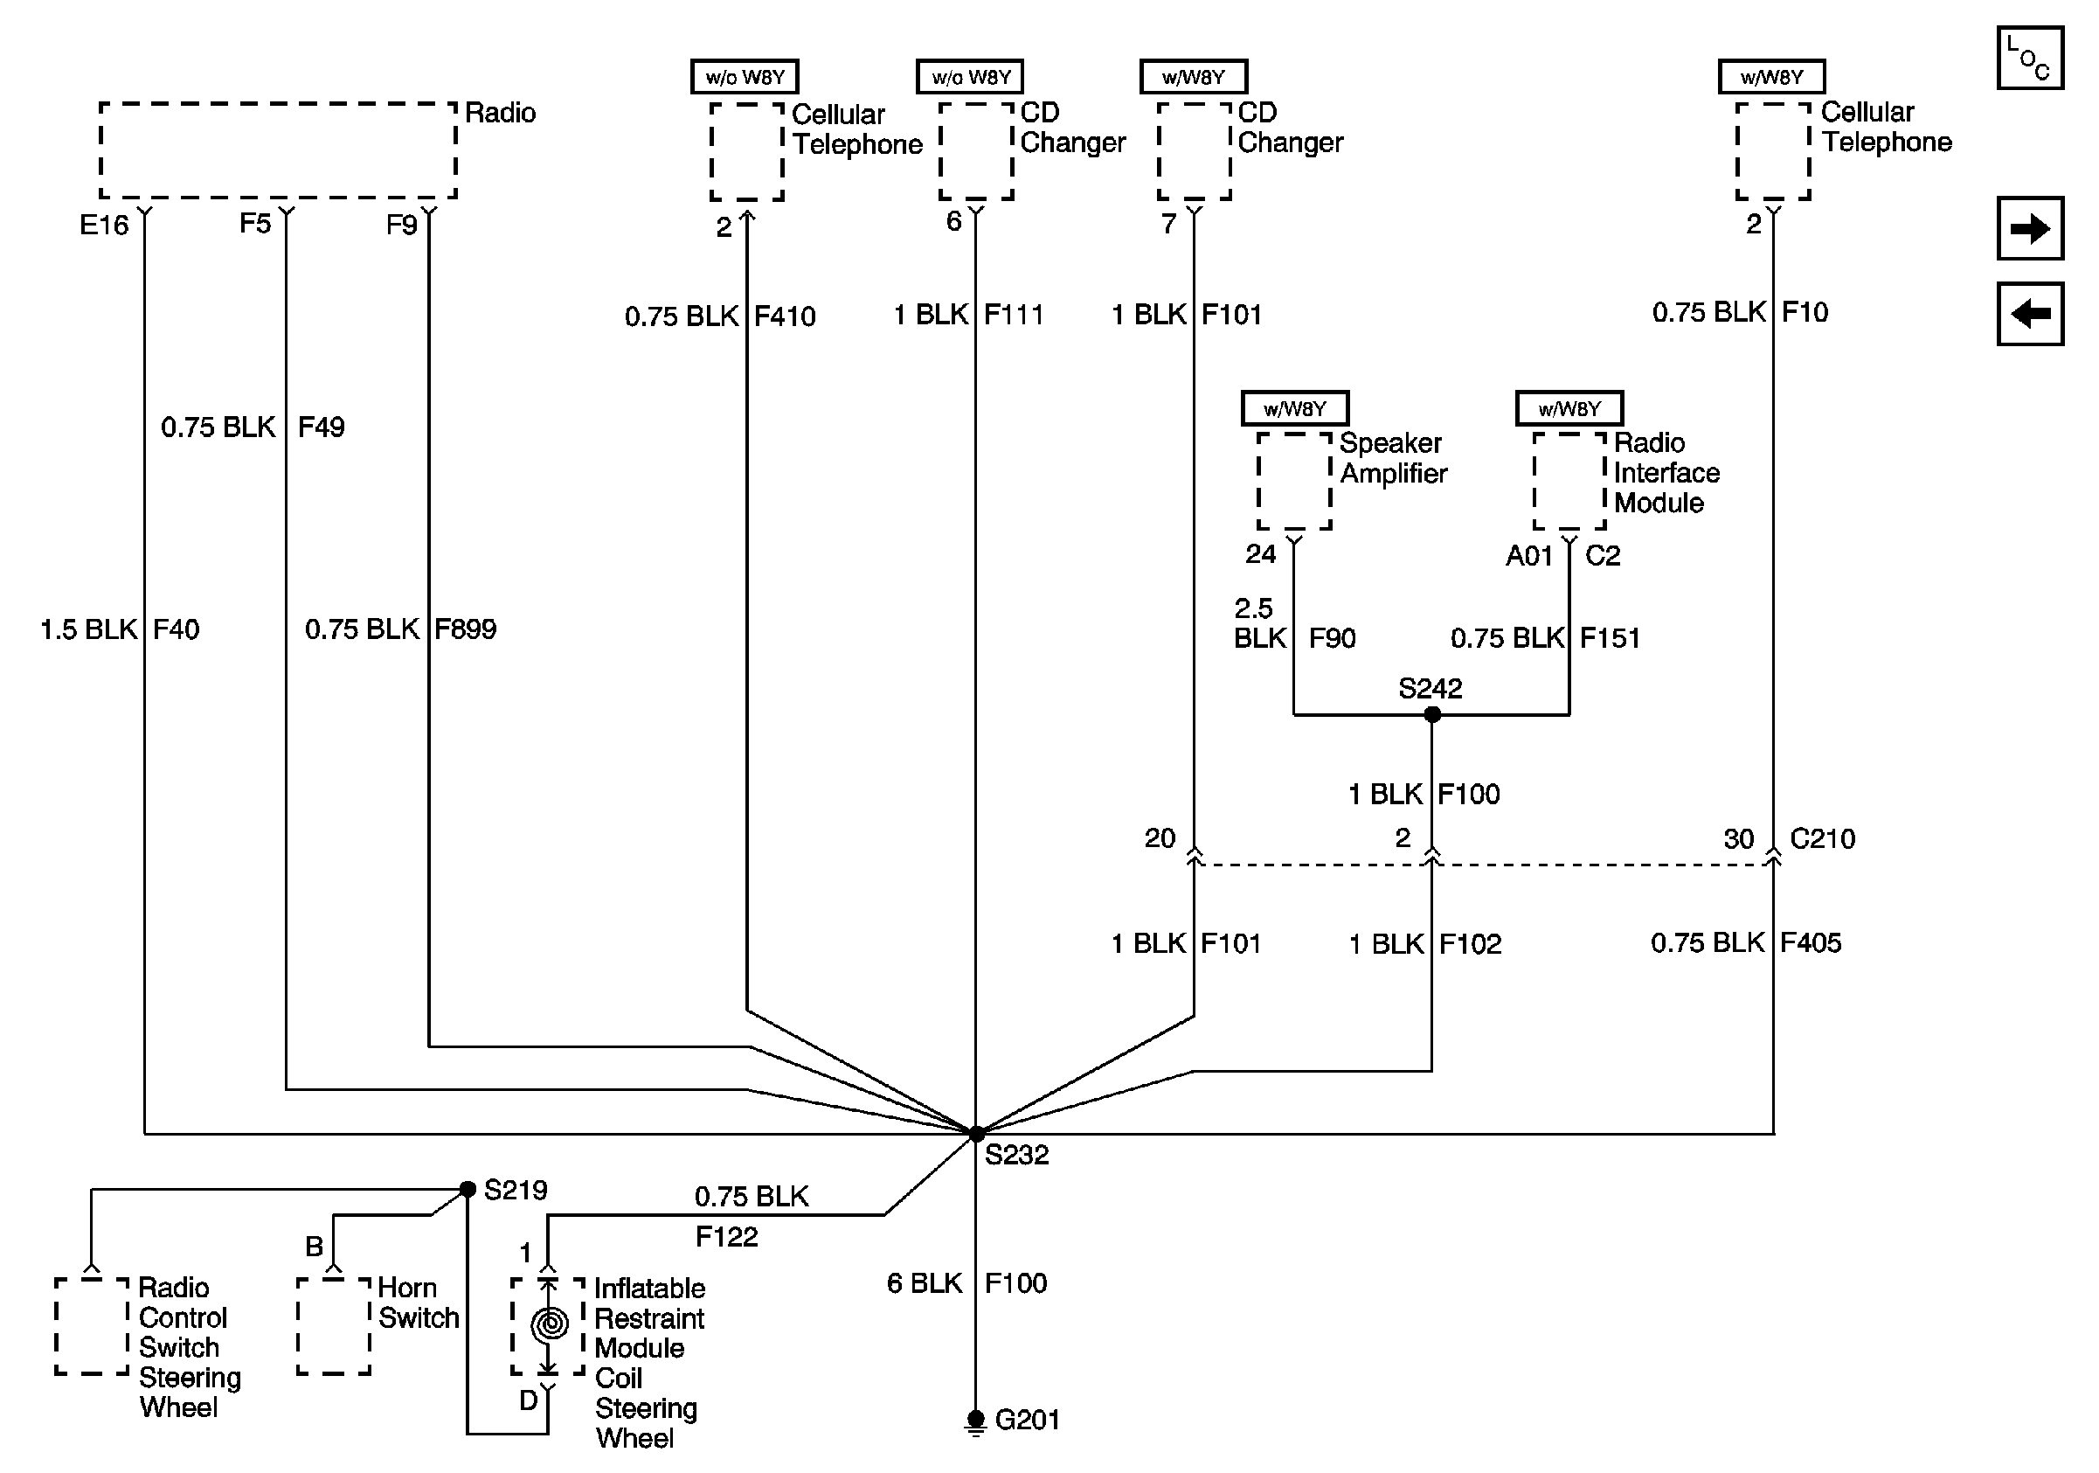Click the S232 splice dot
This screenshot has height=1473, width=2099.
975,1134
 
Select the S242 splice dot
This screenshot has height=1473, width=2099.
1432,714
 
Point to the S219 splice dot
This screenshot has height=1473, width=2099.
468,1189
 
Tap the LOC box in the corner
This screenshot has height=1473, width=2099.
2029,58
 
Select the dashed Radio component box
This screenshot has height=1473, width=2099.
278,150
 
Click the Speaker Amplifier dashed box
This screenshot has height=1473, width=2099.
1293,481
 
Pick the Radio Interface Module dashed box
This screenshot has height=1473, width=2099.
1569,481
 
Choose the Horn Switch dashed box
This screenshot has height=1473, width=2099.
334,1326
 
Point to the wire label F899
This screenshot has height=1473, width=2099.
465,629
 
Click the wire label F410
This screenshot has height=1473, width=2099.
785,316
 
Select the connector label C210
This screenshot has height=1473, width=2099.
1822,838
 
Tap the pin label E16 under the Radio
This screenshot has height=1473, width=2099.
103,225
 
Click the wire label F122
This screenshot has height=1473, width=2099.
727,1236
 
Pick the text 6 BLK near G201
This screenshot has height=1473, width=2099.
925,1282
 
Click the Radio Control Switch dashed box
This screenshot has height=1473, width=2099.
92,1326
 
